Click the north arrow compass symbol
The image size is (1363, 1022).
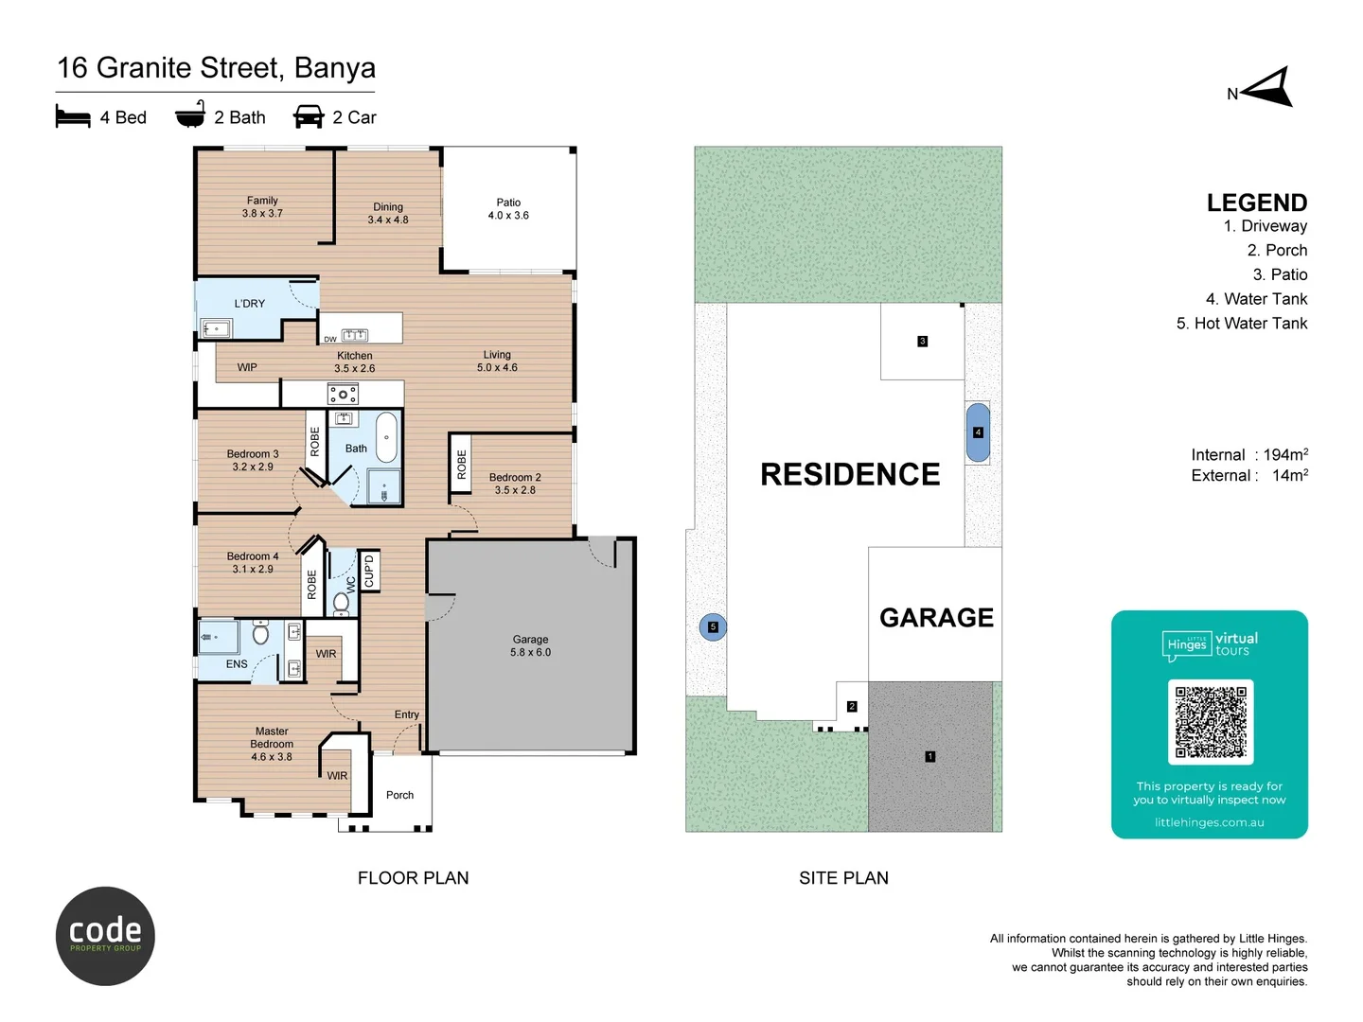coord(1268,88)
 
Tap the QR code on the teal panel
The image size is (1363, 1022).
coord(1211,722)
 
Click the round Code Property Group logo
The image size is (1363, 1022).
coord(105,936)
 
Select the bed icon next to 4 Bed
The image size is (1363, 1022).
coord(73,116)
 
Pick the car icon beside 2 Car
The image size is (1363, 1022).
coord(309,116)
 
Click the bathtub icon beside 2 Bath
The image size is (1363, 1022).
coord(190,115)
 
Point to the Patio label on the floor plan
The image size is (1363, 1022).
coord(508,209)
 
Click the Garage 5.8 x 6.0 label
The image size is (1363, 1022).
coord(530,646)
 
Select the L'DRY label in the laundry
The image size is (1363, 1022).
coord(250,304)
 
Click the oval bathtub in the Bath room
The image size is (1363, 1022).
coord(386,437)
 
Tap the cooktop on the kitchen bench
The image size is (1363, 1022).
coord(343,394)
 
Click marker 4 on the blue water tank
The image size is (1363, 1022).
coord(978,432)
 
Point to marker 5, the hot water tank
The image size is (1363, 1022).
coord(713,626)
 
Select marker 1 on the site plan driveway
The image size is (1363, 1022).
coord(929,756)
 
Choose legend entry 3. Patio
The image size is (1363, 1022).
coord(1279,274)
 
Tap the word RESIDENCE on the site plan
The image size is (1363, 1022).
coord(850,474)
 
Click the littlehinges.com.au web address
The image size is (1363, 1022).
coord(1209,822)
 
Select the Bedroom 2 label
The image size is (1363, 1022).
coord(515,484)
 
